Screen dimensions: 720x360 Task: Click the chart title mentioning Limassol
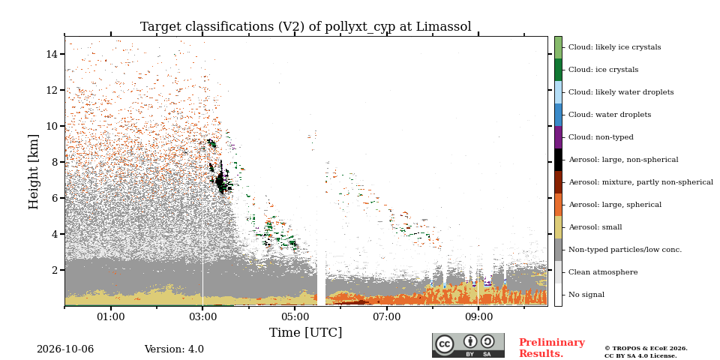click(x=306, y=27)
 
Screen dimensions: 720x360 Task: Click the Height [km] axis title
click(x=34, y=172)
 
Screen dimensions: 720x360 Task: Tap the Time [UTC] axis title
click(x=305, y=332)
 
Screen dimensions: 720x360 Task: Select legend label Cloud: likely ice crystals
click(x=615, y=46)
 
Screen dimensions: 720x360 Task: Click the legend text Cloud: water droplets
click(x=610, y=114)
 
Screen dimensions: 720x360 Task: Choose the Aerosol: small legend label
click(x=595, y=226)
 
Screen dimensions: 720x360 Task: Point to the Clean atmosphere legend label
click(x=603, y=272)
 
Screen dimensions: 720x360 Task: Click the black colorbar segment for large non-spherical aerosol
click(x=558, y=160)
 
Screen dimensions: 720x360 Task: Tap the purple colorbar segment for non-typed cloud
click(x=558, y=137)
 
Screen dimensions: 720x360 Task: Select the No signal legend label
click(x=586, y=295)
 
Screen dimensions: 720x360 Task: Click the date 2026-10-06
click(x=65, y=349)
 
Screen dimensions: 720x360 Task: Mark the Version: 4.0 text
click(x=174, y=349)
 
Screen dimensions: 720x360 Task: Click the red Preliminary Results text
click(x=552, y=347)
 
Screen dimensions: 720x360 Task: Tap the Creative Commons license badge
click(x=468, y=345)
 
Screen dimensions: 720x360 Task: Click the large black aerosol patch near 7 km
click(x=220, y=181)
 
